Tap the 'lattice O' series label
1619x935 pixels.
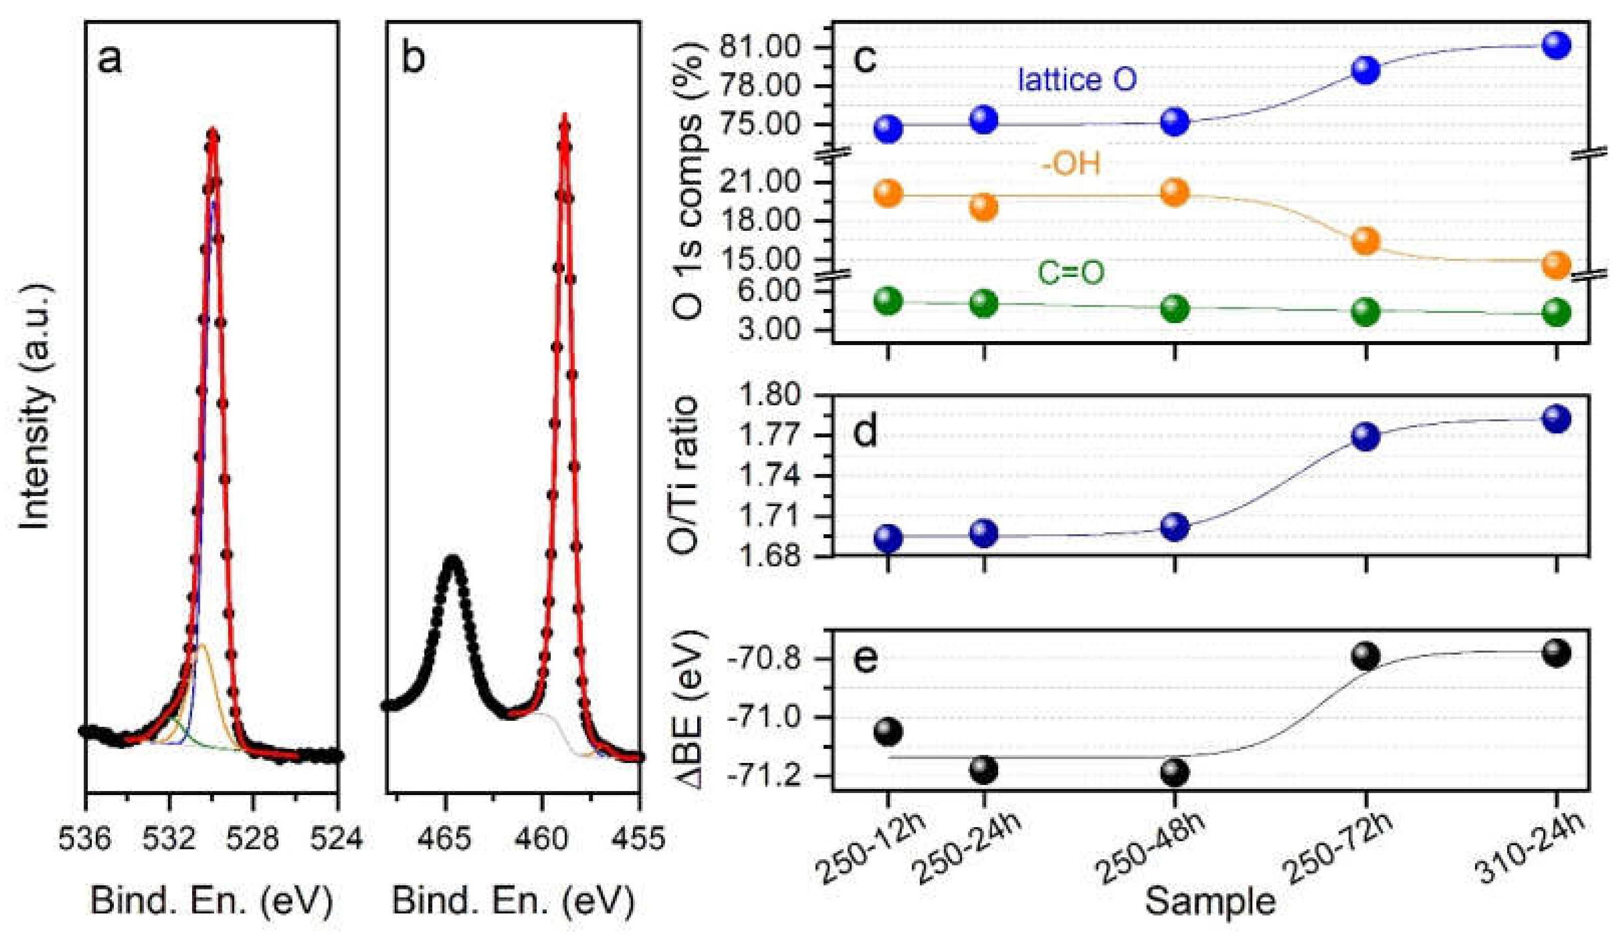pyautogui.click(x=1076, y=80)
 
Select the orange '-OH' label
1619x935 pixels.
pyautogui.click(x=1071, y=165)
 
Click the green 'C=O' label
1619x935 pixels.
pyautogui.click(x=1071, y=273)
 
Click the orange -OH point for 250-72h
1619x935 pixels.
pyautogui.click(x=1365, y=241)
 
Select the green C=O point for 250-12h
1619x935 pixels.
pyautogui.click(x=888, y=301)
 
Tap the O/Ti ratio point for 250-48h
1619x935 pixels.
pyautogui.click(x=1175, y=527)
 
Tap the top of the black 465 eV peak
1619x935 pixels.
pyautogui.click(x=452, y=558)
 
